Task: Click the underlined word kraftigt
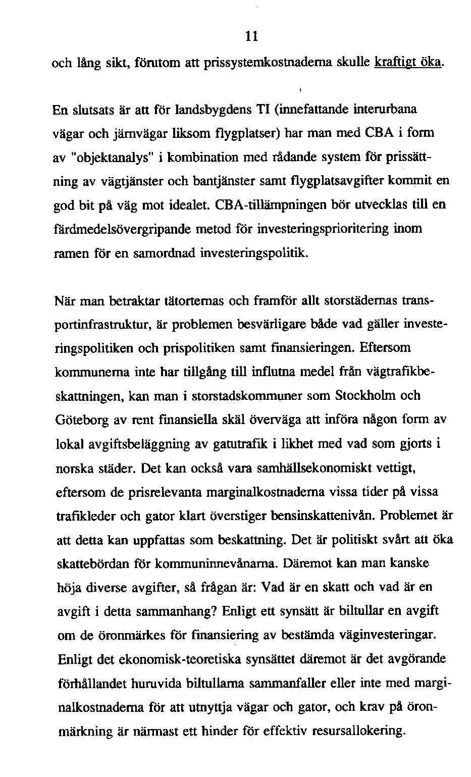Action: [x=395, y=62]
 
